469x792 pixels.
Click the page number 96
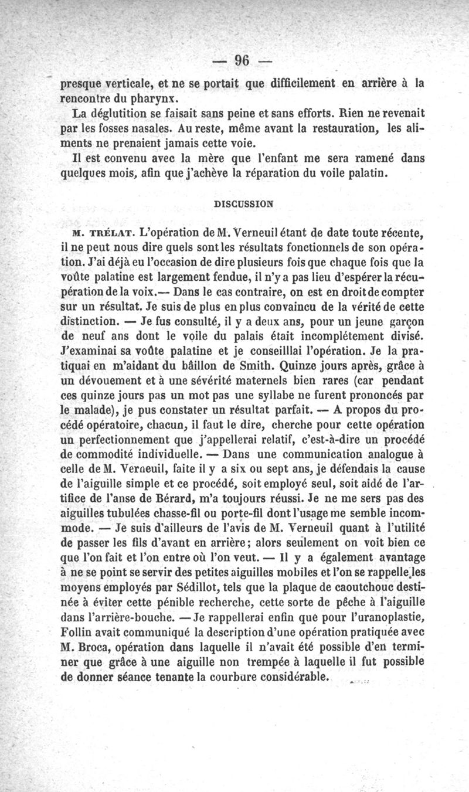[242, 60]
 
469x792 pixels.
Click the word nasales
[164, 128]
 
